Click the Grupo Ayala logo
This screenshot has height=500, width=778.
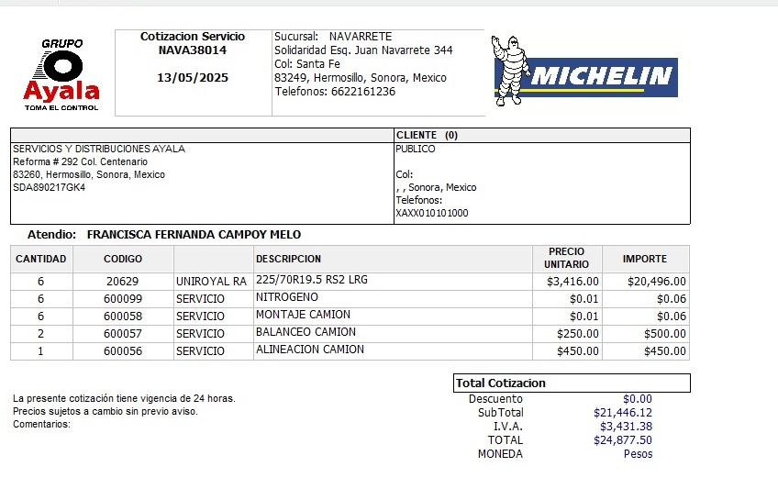pyautogui.click(x=62, y=75)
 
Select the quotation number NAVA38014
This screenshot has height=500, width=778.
pyautogui.click(x=192, y=50)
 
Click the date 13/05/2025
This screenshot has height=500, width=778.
pyautogui.click(x=193, y=78)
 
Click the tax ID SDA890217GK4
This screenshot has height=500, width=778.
pyautogui.click(x=50, y=187)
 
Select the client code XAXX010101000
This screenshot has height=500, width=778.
pyautogui.click(x=431, y=213)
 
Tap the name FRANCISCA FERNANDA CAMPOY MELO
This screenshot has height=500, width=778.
pyautogui.click(x=194, y=235)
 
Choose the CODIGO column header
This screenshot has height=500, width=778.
pyautogui.click(x=123, y=259)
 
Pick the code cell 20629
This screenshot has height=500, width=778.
pyautogui.click(x=122, y=282)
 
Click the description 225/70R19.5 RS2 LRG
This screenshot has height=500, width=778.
pyautogui.click(x=312, y=280)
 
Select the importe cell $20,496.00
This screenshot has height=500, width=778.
pyautogui.click(x=656, y=282)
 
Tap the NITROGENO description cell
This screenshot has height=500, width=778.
pyautogui.click(x=287, y=297)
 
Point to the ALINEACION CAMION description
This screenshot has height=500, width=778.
pyautogui.click(x=310, y=350)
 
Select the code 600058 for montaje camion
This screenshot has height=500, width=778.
pyautogui.click(x=122, y=317)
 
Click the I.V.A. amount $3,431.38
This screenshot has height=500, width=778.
pyautogui.click(x=626, y=427)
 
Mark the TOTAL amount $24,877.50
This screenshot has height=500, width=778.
pyautogui.click(x=625, y=440)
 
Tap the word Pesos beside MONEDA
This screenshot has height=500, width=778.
pyautogui.click(x=638, y=454)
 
